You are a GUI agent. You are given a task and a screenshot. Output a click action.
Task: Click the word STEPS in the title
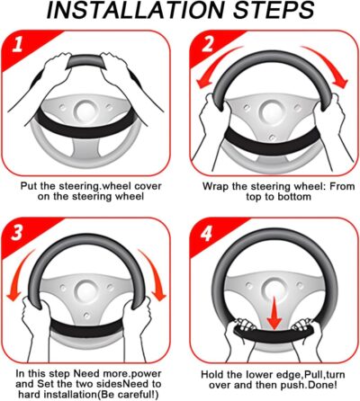pyautogui.click(x=274, y=11)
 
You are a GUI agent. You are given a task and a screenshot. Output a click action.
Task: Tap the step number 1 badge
pyautogui.click(x=17, y=44)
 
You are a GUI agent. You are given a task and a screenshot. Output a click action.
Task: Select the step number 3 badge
pyautogui.click(x=17, y=232)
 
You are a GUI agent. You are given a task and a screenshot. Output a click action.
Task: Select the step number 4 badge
pyautogui.click(x=206, y=233)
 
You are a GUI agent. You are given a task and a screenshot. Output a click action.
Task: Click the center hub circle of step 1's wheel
pyautogui.click(x=85, y=111)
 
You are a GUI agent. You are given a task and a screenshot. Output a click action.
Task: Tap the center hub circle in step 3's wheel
pyautogui.click(x=86, y=291)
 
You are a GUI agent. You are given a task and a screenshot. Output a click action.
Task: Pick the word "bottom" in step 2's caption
pyautogui.click(x=294, y=197)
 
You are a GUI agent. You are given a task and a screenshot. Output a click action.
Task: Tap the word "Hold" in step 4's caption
pyautogui.click(x=211, y=375)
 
